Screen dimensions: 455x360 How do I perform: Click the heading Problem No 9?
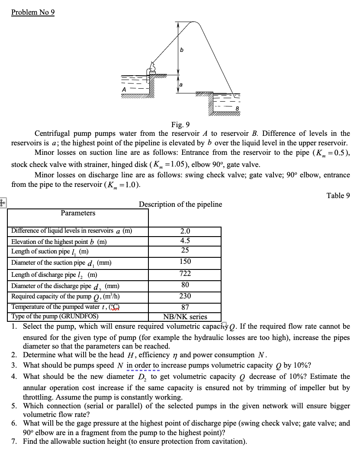33,12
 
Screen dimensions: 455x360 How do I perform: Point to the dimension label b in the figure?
182,50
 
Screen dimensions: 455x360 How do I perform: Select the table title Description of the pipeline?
180,204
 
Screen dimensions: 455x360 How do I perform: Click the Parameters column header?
78,213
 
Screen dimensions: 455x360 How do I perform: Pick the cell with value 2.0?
185,231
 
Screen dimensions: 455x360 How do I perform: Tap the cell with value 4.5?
185,241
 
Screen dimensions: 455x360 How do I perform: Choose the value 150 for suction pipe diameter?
185,262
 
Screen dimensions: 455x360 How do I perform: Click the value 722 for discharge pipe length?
185,273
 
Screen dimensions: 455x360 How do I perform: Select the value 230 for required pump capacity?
185,296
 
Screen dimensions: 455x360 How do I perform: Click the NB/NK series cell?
185,317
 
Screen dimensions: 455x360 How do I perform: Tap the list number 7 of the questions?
14,442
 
